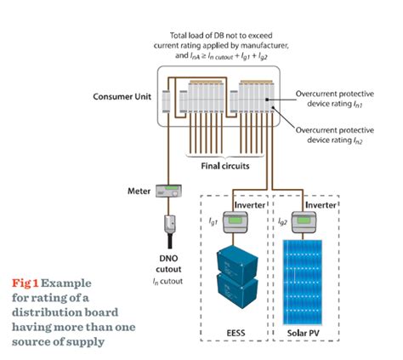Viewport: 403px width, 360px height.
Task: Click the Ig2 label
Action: click(284, 219)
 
